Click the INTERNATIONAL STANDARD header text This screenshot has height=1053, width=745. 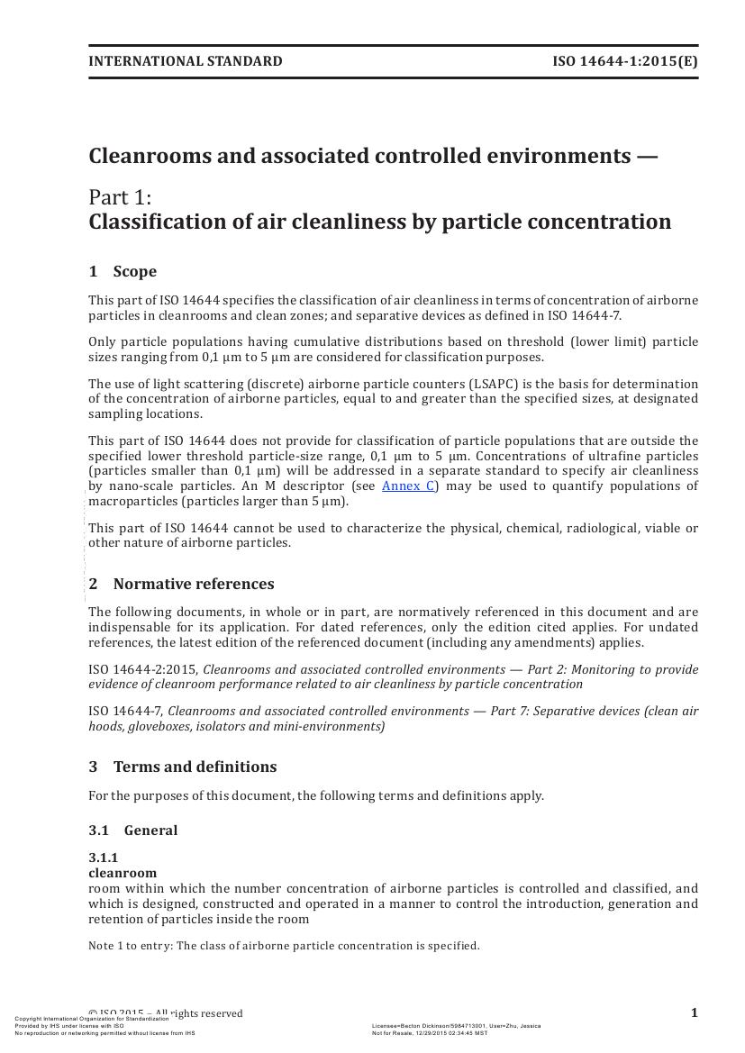point(185,61)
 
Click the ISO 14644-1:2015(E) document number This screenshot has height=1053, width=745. point(624,61)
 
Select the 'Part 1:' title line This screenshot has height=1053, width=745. point(120,197)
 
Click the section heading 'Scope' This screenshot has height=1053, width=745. point(135,271)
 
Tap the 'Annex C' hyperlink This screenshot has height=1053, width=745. point(409,486)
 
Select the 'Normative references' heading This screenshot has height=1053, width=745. point(194,584)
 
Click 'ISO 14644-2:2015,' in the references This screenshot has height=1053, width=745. point(143,669)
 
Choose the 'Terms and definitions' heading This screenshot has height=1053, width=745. point(195,767)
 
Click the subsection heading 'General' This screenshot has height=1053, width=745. point(150,831)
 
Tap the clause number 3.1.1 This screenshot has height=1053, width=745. point(103,858)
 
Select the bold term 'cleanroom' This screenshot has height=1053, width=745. point(123,873)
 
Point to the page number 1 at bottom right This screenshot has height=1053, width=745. point(694,1012)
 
